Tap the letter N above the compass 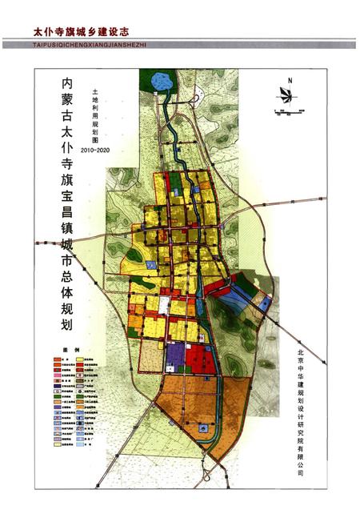[292, 79]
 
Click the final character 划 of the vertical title [66, 324]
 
